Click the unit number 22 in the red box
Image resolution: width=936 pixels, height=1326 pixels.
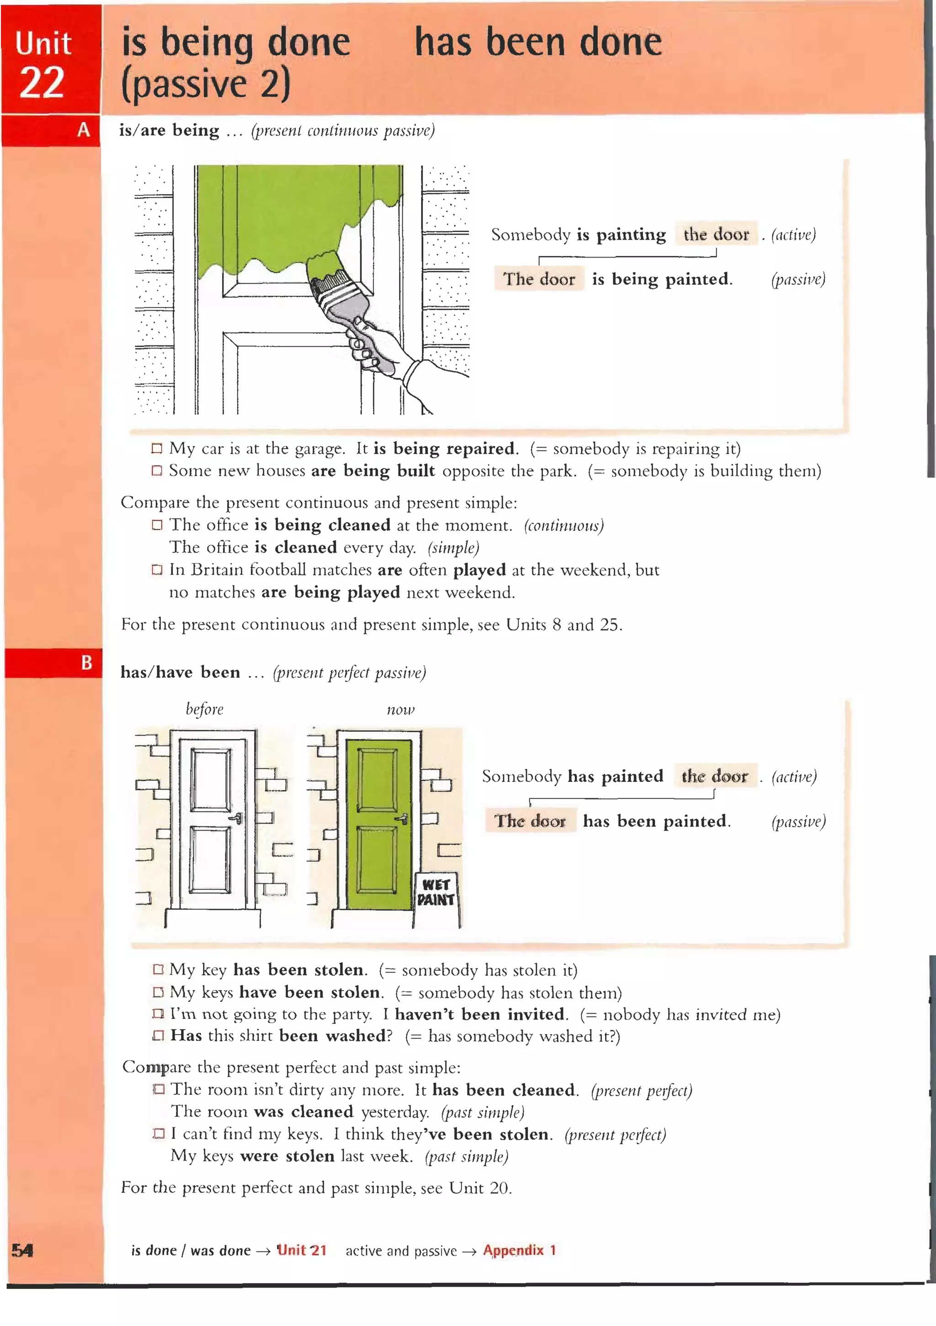(42, 83)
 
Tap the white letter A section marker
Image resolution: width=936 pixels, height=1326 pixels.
(84, 130)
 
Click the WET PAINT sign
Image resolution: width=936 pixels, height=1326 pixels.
(436, 892)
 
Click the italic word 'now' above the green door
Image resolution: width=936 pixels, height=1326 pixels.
(400, 709)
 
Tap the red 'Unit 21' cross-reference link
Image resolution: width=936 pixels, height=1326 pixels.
(302, 1250)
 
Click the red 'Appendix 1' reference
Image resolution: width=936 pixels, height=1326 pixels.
(519, 1250)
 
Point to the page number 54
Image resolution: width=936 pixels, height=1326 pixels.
(22, 1250)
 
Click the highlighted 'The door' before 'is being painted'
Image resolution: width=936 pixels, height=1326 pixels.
(538, 279)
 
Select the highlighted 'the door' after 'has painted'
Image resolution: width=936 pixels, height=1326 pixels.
(715, 776)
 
